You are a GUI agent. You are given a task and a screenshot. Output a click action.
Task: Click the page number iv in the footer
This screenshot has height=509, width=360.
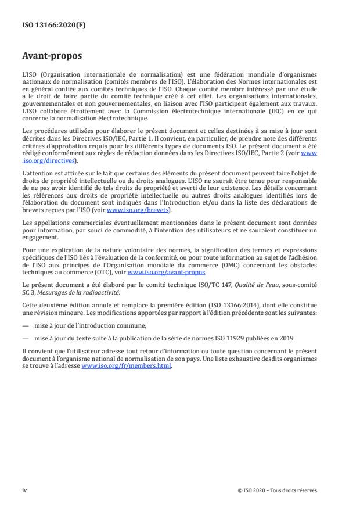[x=24, y=490]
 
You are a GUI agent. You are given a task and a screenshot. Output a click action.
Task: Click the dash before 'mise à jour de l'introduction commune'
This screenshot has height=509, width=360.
[x=26, y=325]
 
